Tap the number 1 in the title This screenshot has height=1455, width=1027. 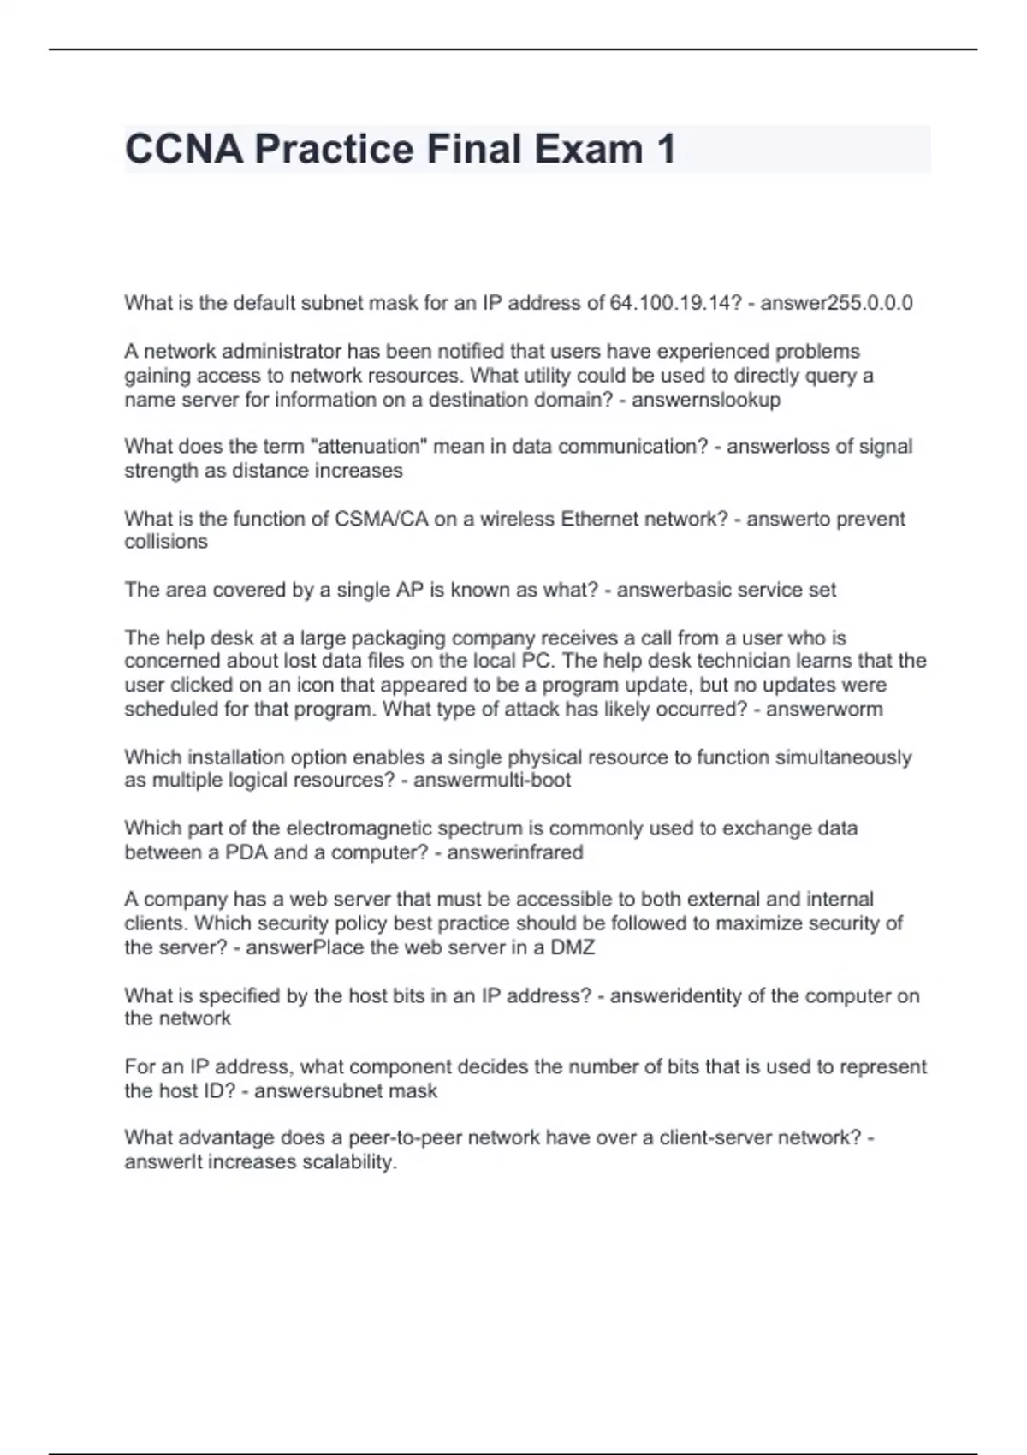666,149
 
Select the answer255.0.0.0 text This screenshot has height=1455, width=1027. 836,303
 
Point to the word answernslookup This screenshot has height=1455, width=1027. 706,400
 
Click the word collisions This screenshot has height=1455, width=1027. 166,542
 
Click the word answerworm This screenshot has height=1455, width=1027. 824,710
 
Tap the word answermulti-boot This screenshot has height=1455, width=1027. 492,781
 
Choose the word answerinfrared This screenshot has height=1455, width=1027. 515,852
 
